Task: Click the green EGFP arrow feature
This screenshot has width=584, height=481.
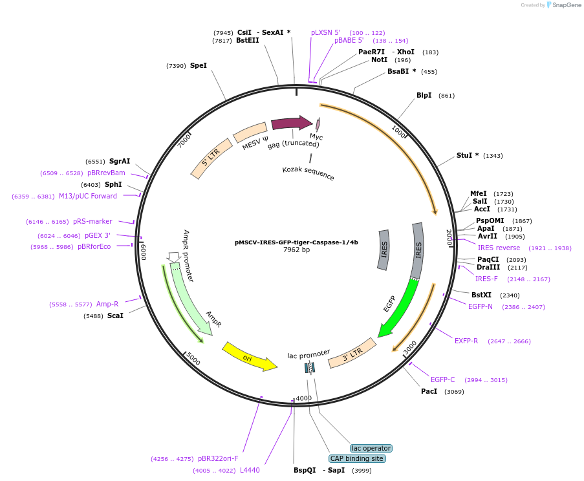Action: [396, 308]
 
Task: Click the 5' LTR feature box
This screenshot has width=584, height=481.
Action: [211, 158]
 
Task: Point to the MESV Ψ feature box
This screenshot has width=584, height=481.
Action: [250, 132]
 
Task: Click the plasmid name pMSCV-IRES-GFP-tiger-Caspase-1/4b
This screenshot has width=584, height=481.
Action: [296, 242]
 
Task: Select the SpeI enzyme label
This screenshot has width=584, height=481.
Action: [199, 65]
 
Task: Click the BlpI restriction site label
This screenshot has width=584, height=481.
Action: [424, 95]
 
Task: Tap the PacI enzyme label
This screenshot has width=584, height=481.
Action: [429, 391]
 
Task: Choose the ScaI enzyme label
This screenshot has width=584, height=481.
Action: [115, 315]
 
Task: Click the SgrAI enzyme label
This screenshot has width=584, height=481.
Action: [120, 161]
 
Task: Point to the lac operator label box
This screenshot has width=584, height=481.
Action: [371, 448]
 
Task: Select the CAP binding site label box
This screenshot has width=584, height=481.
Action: [357, 458]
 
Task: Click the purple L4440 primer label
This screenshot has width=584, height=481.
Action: [250, 470]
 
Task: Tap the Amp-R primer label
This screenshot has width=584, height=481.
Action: [107, 304]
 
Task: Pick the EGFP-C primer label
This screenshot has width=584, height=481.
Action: [443, 379]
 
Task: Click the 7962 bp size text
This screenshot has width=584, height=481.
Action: [296, 250]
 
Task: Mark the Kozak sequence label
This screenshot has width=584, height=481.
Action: [308, 173]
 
